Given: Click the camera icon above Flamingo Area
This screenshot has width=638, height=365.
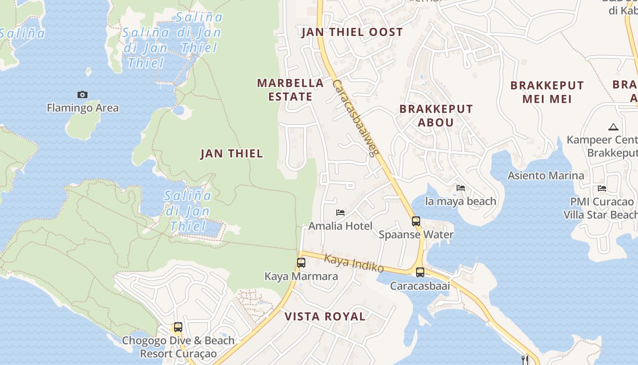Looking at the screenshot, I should point(82,94).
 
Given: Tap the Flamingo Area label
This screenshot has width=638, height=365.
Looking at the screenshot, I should point(82,108).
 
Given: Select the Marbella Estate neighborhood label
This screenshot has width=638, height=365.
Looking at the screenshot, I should point(290,89).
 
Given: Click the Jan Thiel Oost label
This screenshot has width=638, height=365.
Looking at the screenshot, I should point(352,32).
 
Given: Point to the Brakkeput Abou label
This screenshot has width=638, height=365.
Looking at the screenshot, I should point(436,115).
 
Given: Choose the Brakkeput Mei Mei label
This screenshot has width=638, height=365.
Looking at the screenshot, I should point(547,92).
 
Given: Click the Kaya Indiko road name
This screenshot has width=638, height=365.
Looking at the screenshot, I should point(354,263).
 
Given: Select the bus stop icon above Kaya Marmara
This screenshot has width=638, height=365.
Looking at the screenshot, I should point(301,263).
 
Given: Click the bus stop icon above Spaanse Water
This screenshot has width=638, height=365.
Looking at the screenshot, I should point(416,221).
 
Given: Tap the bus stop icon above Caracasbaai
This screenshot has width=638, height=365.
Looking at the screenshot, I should point(420,272).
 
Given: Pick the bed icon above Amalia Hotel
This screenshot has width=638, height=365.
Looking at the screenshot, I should point(340,213).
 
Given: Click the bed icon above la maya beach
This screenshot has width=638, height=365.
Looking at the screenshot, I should point(461,188).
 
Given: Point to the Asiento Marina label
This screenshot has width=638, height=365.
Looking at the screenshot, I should point(545,176).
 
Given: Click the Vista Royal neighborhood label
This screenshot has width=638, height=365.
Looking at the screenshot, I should point(325,317).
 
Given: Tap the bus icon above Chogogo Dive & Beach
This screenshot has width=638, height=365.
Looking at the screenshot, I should point(178,327).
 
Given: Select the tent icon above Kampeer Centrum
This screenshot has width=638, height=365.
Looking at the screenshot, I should point(613,127).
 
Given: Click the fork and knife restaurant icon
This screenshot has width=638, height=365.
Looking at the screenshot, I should point(525,360).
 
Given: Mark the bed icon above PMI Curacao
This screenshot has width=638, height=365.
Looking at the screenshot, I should point(602,188).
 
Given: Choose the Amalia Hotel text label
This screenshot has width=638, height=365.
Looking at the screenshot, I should point(340,226).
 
